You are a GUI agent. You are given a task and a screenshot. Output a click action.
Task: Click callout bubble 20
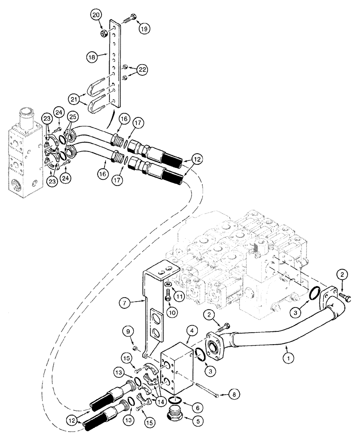[x=96, y=15]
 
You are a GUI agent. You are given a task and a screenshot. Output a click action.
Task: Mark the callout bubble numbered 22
[x=143, y=70]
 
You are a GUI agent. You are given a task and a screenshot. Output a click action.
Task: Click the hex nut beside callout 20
[x=105, y=34]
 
